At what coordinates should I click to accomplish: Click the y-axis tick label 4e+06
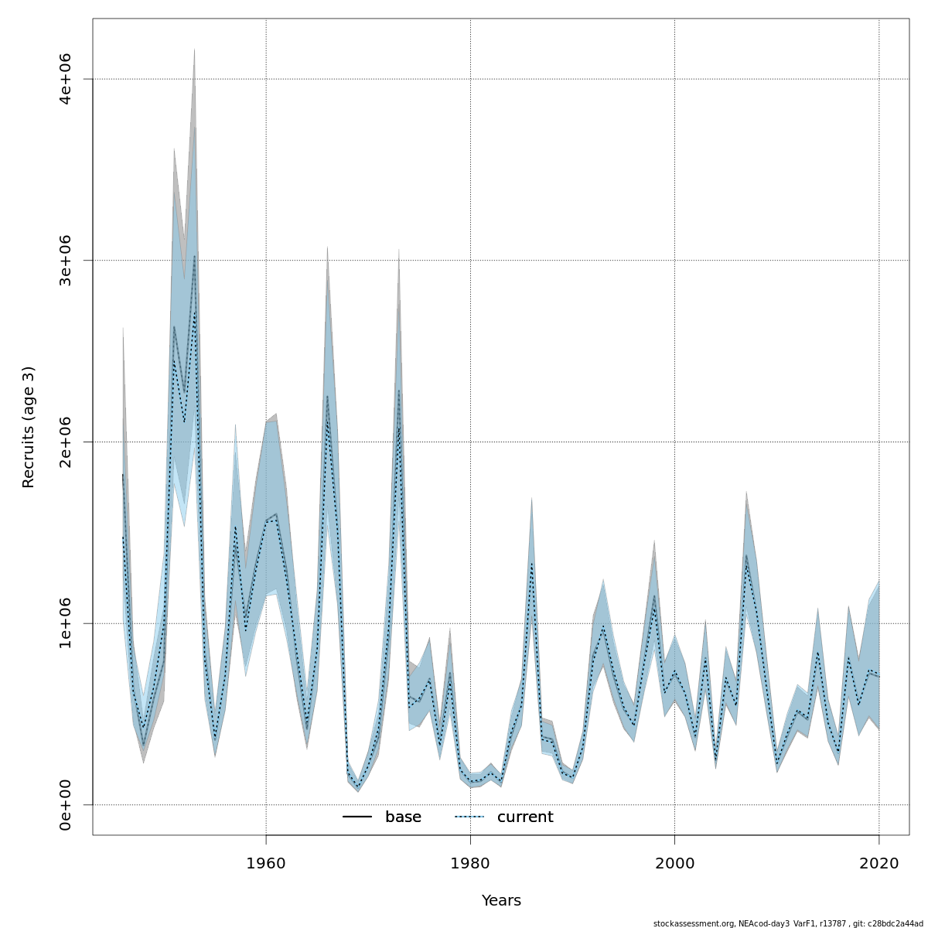[66, 79]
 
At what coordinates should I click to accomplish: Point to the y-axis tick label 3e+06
[66, 261]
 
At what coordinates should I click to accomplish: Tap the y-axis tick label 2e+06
[66, 442]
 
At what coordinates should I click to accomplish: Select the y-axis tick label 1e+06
[66, 623]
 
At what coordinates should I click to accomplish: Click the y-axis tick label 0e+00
[66, 805]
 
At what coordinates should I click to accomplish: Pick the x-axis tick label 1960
[266, 863]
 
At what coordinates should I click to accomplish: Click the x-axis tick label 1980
[470, 863]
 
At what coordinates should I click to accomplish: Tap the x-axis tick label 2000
[674, 863]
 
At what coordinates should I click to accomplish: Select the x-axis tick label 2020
[879, 863]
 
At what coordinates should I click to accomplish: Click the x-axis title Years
[501, 901]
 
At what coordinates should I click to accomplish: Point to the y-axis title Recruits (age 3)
[29, 427]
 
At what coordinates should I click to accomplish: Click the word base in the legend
[403, 817]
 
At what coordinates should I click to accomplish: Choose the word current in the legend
[525, 817]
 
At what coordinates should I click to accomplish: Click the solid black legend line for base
[357, 817]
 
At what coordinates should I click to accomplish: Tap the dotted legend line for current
[469, 817]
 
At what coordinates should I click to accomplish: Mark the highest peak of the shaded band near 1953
[194, 49]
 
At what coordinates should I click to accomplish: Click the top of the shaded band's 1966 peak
[327, 247]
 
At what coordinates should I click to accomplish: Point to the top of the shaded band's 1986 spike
[531, 498]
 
